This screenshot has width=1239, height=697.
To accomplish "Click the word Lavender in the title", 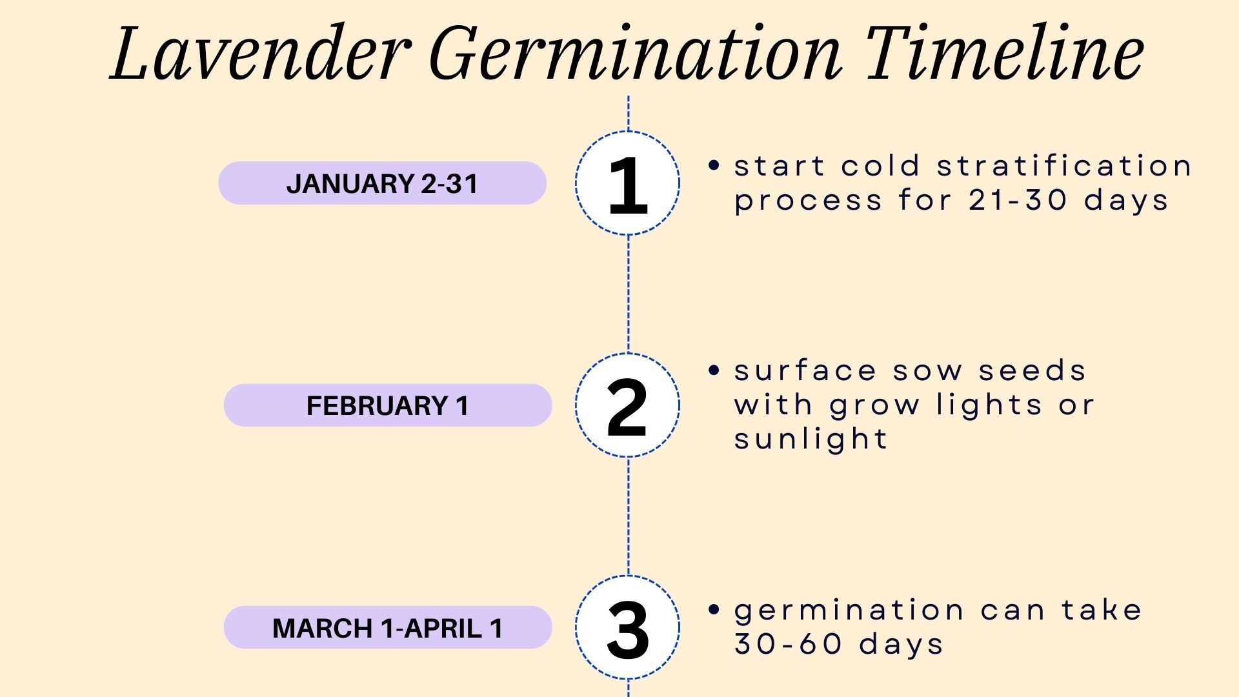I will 261,54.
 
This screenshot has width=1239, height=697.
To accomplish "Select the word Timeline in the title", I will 1003,54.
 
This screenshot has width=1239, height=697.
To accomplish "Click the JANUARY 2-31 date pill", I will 382,184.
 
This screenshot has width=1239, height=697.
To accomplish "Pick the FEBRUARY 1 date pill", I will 387,406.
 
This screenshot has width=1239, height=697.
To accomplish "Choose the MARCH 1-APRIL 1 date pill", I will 387,628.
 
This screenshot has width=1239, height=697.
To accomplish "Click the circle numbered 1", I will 627,184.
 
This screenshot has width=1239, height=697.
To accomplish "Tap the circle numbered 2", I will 627,406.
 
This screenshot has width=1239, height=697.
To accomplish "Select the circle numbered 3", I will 627,628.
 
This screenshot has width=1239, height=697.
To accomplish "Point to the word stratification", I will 1064,167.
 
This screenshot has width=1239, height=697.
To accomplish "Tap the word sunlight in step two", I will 811,440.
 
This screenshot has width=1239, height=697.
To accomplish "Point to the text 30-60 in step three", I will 788,644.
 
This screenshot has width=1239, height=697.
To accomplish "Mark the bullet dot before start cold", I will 713,166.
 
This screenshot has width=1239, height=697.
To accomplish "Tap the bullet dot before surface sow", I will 713,370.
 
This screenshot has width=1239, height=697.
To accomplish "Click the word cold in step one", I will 881,167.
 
